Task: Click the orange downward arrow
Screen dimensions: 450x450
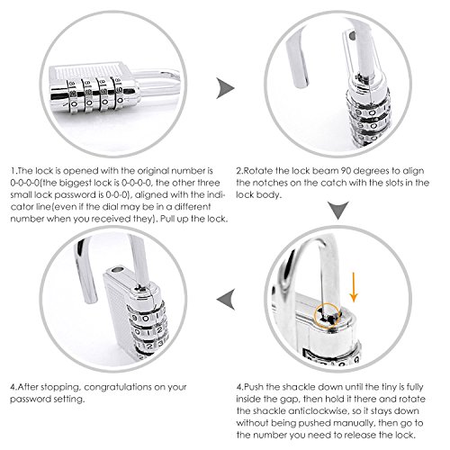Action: pyautogui.click(x=354, y=287)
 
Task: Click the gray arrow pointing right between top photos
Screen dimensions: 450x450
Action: pyautogui.click(x=225, y=88)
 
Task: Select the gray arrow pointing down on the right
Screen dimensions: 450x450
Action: pyautogui.click(x=338, y=210)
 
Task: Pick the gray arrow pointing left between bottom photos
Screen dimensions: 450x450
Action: pyautogui.click(x=227, y=299)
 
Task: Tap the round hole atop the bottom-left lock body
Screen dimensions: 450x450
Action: pyautogui.click(x=118, y=269)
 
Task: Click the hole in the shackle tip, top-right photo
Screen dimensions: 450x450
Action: pyautogui.click(x=352, y=36)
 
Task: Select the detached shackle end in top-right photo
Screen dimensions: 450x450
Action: pyautogui.click(x=298, y=61)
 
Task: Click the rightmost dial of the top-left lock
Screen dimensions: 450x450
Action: pyautogui.click(x=119, y=93)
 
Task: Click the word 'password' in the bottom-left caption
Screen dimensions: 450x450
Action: pyautogui.click(x=31, y=400)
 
